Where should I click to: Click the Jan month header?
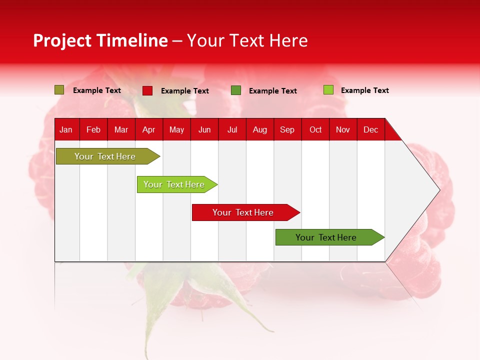click(66, 129)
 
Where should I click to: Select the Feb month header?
click(93, 129)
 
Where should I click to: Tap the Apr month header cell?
click(148, 129)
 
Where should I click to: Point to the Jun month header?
click(204, 129)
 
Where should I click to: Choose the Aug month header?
click(259, 129)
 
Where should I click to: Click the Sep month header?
click(287, 129)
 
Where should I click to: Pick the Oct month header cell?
click(315, 129)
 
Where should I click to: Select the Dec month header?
click(370, 129)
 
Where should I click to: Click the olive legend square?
click(59, 90)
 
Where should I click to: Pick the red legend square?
click(147, 90)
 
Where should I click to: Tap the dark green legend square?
click(236, 90)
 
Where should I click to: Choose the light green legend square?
click(328, 90)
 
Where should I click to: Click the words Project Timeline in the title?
click(100, 40)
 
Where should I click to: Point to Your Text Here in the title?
click(247, 40)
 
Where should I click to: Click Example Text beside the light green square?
click(364, 90)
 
